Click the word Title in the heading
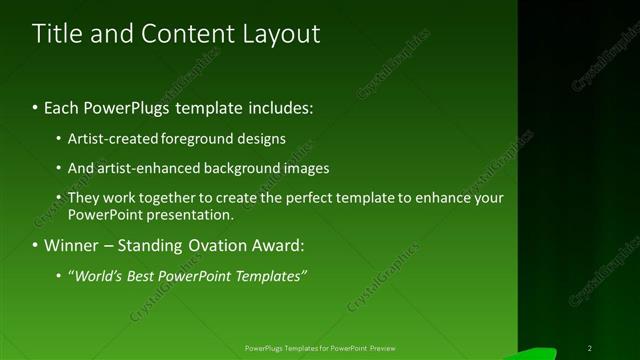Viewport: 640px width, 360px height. click(x=58, y=34)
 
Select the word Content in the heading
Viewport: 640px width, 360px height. click(x=181, y=34)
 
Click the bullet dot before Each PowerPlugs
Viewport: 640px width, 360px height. click(x=36, y=106)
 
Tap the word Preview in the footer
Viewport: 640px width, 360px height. click(x=384, y=348)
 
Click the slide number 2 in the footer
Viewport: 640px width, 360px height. click(x=590, y=348)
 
